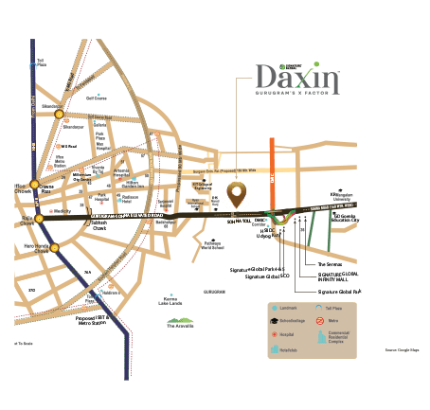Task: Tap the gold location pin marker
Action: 236,194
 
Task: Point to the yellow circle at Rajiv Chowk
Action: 39,219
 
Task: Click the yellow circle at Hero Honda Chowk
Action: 55,248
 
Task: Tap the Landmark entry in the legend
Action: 285,309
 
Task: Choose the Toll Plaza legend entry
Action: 327,309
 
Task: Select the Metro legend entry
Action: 327,321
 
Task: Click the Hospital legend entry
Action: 285,334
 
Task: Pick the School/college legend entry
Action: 285,321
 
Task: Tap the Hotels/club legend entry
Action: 285,348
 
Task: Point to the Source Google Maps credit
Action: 401,350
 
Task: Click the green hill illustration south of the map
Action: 181,322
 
